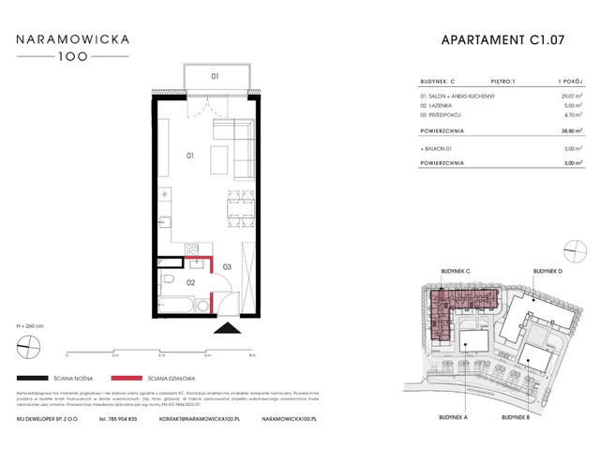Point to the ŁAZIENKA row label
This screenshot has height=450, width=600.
point(437,106)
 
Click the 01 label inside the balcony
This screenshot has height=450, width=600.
point(215,76)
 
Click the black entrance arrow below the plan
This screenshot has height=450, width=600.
point(227,327)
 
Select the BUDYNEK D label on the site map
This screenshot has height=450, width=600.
point(547,270)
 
